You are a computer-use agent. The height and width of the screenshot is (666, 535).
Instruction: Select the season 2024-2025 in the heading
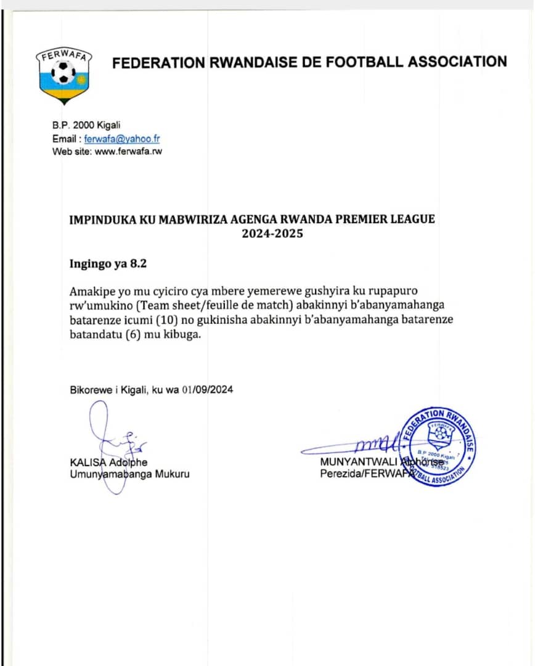[272, 234]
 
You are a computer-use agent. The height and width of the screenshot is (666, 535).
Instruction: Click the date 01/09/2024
[208, 390]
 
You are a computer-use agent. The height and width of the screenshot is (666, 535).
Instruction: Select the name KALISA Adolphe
[108, 462]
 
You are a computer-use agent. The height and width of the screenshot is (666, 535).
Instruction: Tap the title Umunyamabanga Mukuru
[129, 474]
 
